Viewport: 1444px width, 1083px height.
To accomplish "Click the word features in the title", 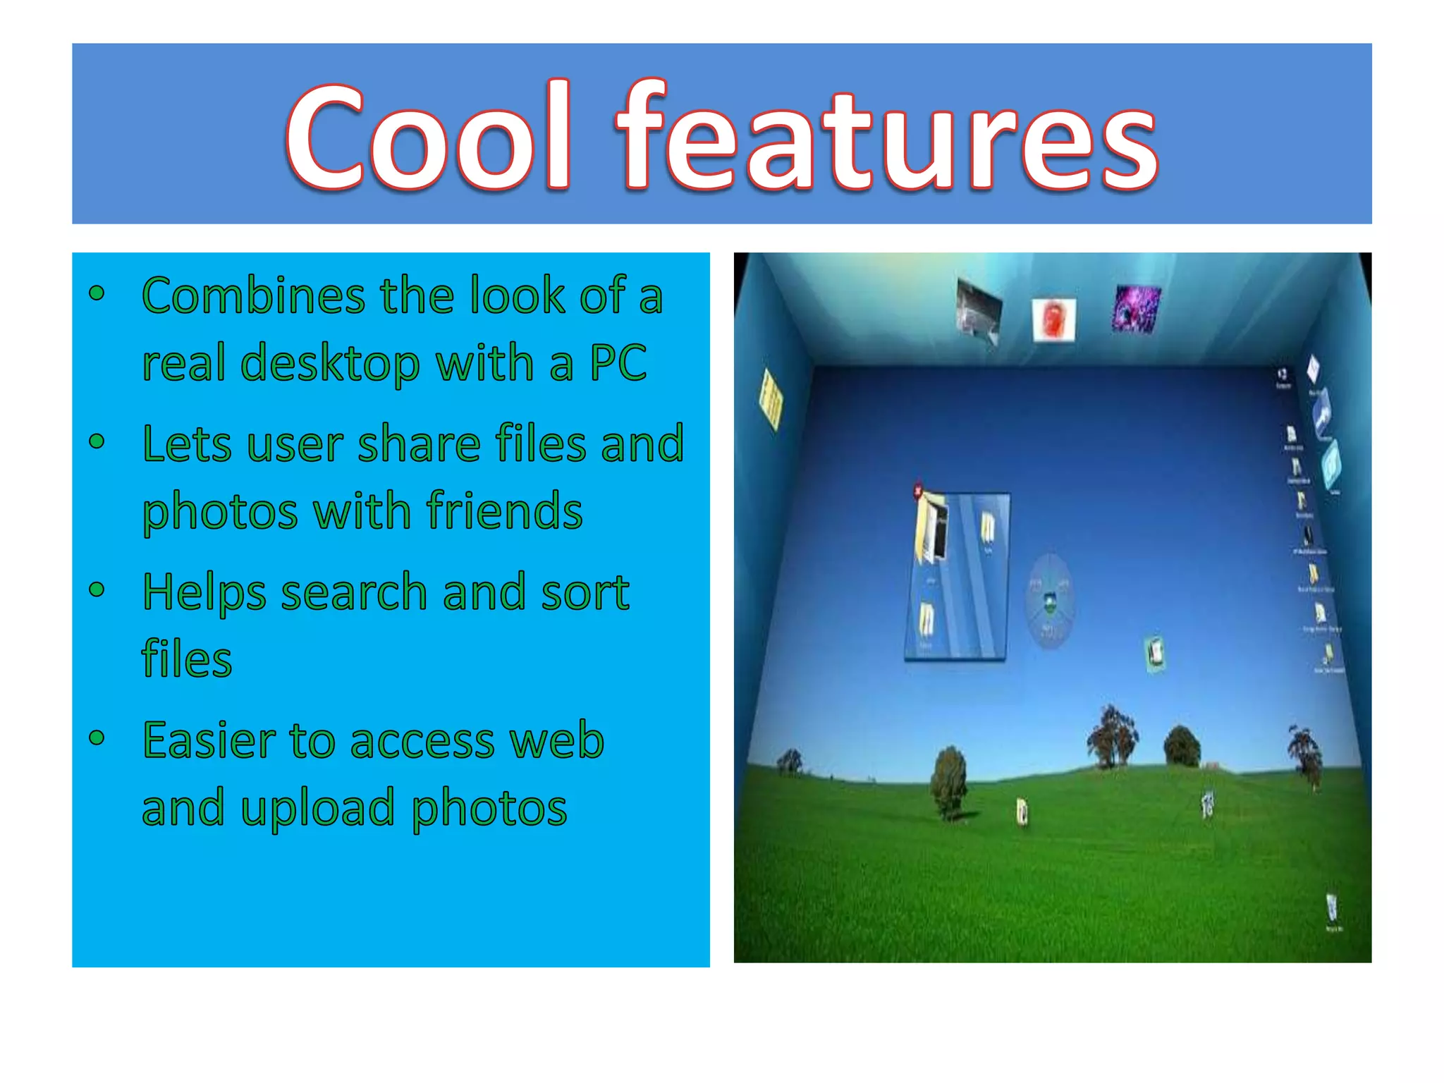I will (x=887, y=137).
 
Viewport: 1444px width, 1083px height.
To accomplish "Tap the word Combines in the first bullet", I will (x=253, y=296).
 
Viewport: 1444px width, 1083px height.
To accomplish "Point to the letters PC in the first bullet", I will (x=618, y=362).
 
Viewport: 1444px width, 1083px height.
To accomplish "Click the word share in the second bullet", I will (x=419, y=444).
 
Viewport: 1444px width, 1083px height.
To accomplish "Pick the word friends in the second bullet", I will (x=504, y=511).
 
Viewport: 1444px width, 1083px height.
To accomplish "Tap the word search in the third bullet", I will (x=354, y=592).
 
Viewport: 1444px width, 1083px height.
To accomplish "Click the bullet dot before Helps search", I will (x=97, y=589).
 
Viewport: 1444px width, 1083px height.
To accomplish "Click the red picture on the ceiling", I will (x=1053, y=319).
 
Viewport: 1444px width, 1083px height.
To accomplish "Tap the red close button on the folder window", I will (x=918, y=489).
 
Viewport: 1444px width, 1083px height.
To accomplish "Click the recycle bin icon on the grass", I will (x=1331, y=909).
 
